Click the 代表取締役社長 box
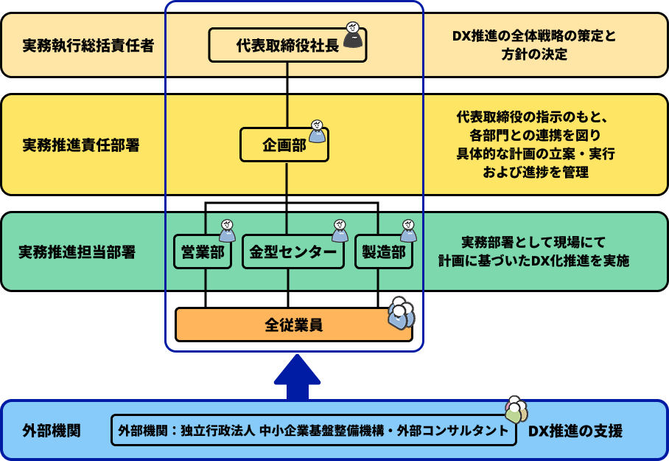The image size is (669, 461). pos(287,46)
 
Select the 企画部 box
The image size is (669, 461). pos(284,145)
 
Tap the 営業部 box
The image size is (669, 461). pos(203,252)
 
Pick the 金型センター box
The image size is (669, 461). pos(293,252)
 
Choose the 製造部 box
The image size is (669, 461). pos(383,252)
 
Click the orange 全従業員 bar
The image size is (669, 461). pos(293,325)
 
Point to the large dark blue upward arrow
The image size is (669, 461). pos(297,377)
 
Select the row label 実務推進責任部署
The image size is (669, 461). pos(81,145)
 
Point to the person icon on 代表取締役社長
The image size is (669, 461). pos(353,35)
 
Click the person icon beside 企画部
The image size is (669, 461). pos(317,131)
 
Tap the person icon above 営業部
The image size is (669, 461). pos(227,231)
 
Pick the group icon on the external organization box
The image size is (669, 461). pos(516,411)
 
